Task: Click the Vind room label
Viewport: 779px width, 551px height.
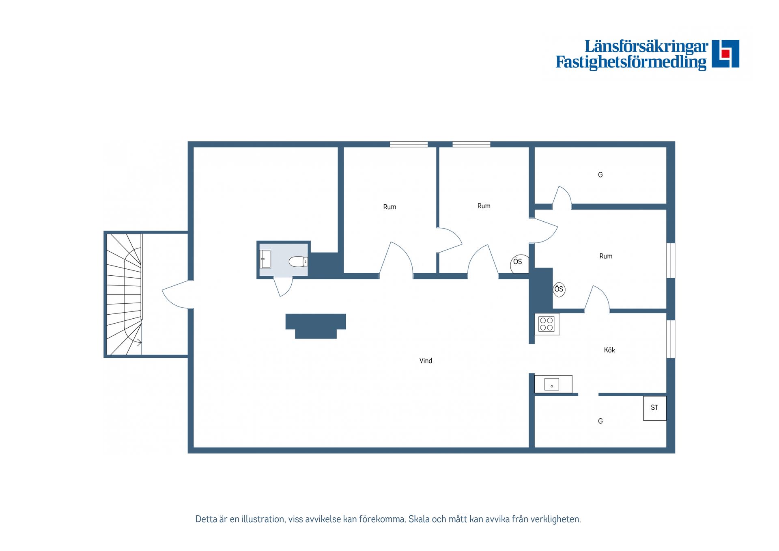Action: (x=426, y=361)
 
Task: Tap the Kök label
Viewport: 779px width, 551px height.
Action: (x=609, y=350)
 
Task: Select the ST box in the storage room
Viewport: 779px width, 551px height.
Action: (x=654, y=408)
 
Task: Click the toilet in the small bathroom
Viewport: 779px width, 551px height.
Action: (x=298, y=261)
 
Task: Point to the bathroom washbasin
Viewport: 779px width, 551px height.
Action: (x=265, y=259)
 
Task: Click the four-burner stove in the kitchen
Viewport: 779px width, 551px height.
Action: (x=547, y=324)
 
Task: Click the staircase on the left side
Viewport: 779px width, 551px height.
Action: (x=124, y=294)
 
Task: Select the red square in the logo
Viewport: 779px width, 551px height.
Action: (x=725, y=54)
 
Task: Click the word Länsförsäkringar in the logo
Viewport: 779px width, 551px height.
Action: (x=646, y=46)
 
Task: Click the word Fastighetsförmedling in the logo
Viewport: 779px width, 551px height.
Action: (x=631, y=62)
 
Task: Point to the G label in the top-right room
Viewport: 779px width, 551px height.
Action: (x=600, y=175)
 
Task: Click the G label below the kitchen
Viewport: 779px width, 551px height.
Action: (x=600, y=421)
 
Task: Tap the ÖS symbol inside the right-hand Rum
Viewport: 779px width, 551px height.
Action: (x=559, y=289)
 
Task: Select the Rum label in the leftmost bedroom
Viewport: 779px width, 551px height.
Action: (x=389, y=207)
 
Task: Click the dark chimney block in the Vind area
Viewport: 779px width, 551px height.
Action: (x=316, y=326)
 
